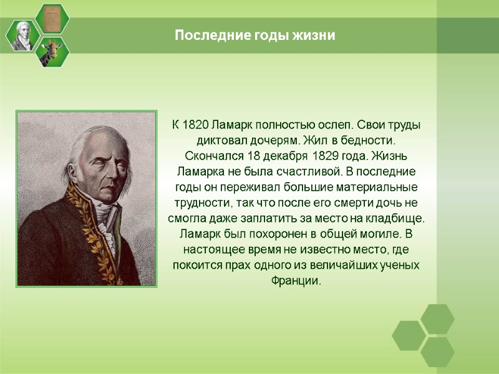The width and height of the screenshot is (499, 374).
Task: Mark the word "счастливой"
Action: click(292, 171)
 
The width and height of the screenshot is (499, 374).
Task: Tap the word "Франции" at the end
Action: click(296, 281)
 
